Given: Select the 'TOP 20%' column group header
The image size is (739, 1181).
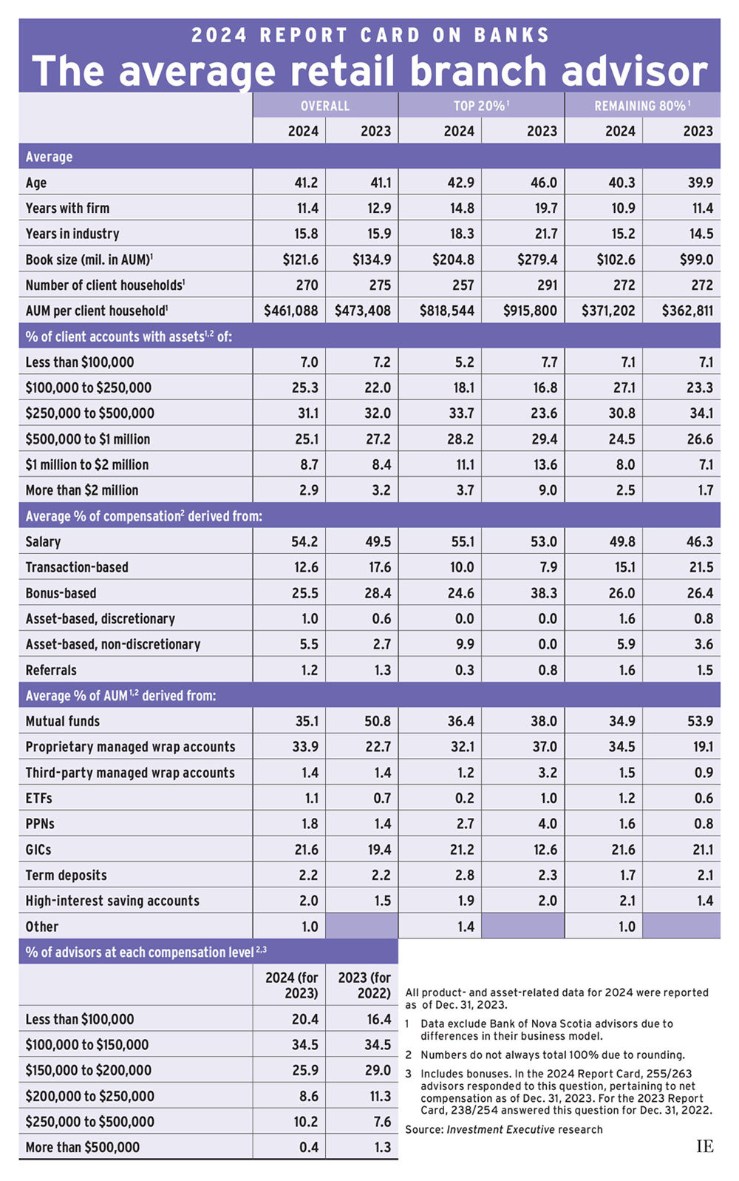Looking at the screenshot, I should click(x=480, y=106).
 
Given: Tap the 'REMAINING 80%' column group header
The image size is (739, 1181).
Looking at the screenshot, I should click(x=641, y=106).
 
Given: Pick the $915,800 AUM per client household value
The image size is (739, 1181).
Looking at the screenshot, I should click(x=530, y=311).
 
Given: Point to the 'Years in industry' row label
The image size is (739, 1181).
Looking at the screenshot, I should click(x=72, y=234).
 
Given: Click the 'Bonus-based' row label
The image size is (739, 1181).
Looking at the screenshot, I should click(x=61, y=593).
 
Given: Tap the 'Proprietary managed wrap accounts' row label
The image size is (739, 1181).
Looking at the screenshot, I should click(x=130, y=747).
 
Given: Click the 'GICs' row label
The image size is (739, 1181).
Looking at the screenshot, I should click(x=38, y=850).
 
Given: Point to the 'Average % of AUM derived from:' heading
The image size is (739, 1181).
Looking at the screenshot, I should click(x=120, y=695).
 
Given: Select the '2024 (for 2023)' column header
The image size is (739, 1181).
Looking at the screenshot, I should click(x=292, y=985).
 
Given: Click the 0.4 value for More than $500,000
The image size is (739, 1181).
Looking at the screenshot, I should click(x=309, y=1147).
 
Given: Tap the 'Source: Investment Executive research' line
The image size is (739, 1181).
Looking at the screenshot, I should click(x=503, y=1129).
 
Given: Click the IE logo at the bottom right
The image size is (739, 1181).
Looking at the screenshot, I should click(x=704, y=1146).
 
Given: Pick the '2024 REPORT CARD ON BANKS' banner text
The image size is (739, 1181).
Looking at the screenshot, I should click(x=369, y=35).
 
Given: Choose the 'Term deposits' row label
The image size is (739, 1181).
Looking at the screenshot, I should click(x=66, y=875).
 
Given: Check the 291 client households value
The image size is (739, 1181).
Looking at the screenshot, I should click(x=546, y=285).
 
